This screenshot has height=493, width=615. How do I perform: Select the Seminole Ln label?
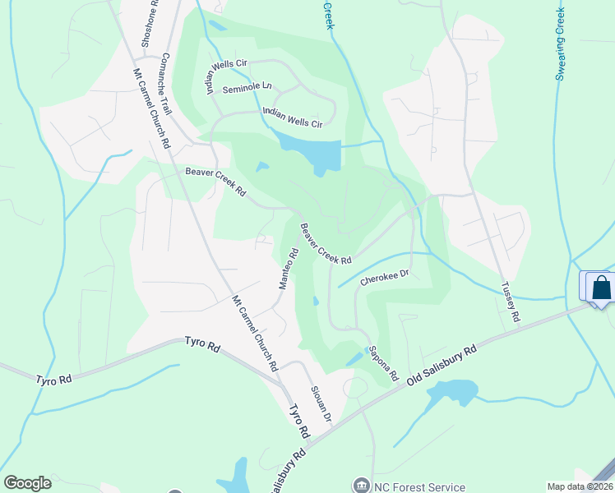[x=247, y=86]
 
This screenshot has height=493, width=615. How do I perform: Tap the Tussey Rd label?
[x=511, y=302]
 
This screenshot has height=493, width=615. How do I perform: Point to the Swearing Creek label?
[x=562, y=45]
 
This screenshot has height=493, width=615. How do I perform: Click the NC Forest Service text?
[x=419, y=486]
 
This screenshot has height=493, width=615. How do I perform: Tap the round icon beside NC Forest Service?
[x=361, y=486]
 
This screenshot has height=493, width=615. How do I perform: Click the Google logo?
[x=27, y=483]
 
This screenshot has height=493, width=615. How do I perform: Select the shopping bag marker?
[x=602, y=287]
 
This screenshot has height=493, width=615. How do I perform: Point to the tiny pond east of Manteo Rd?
[x=317, y=301]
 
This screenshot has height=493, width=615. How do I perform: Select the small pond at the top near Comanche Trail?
[x=217, y=25]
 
